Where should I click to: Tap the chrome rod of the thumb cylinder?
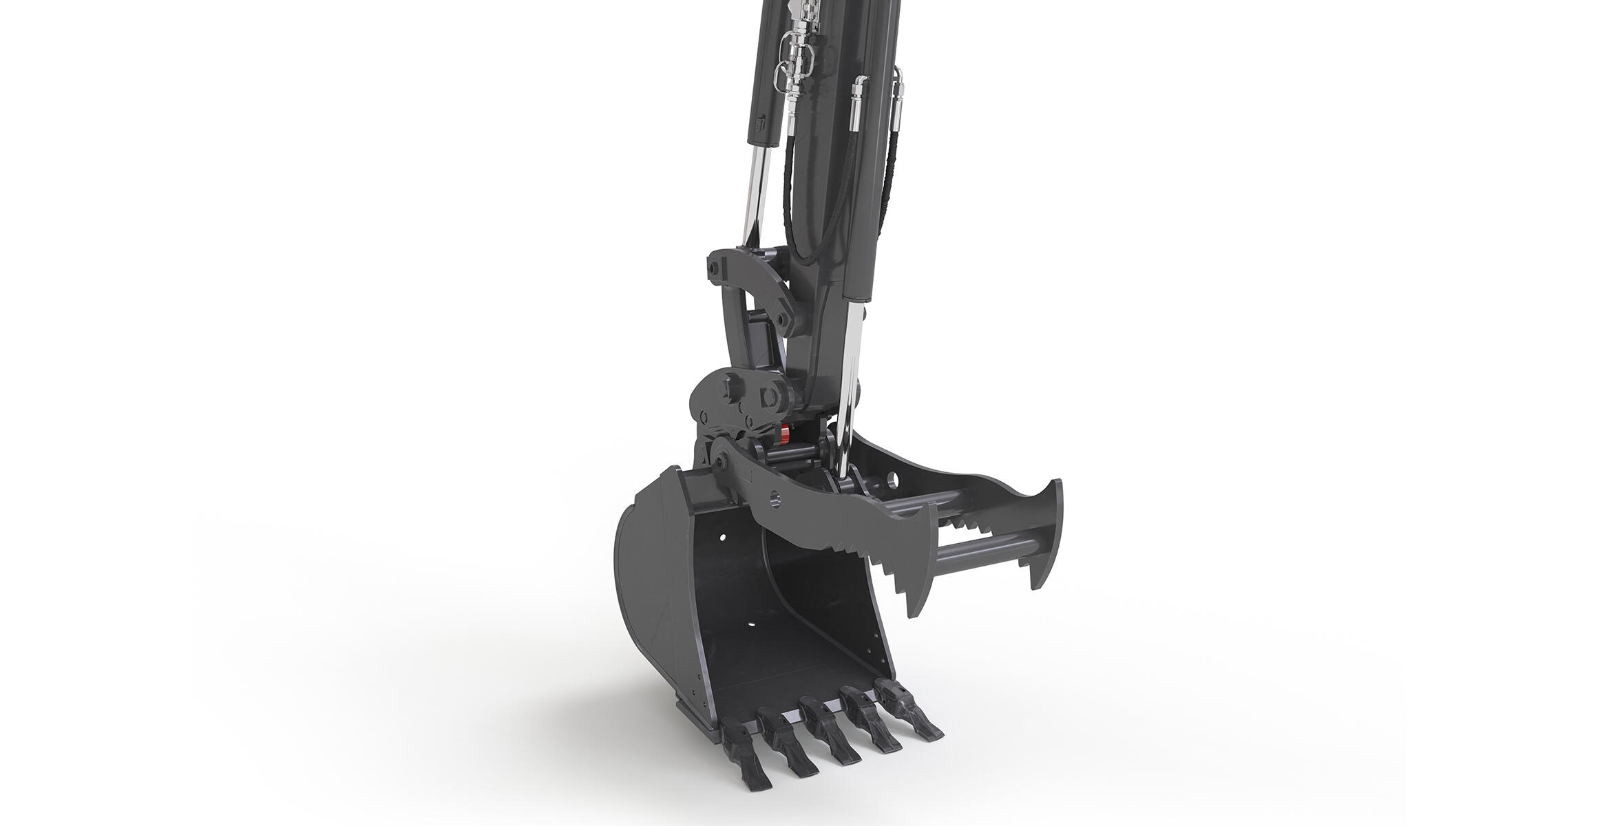pos(852,385)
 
